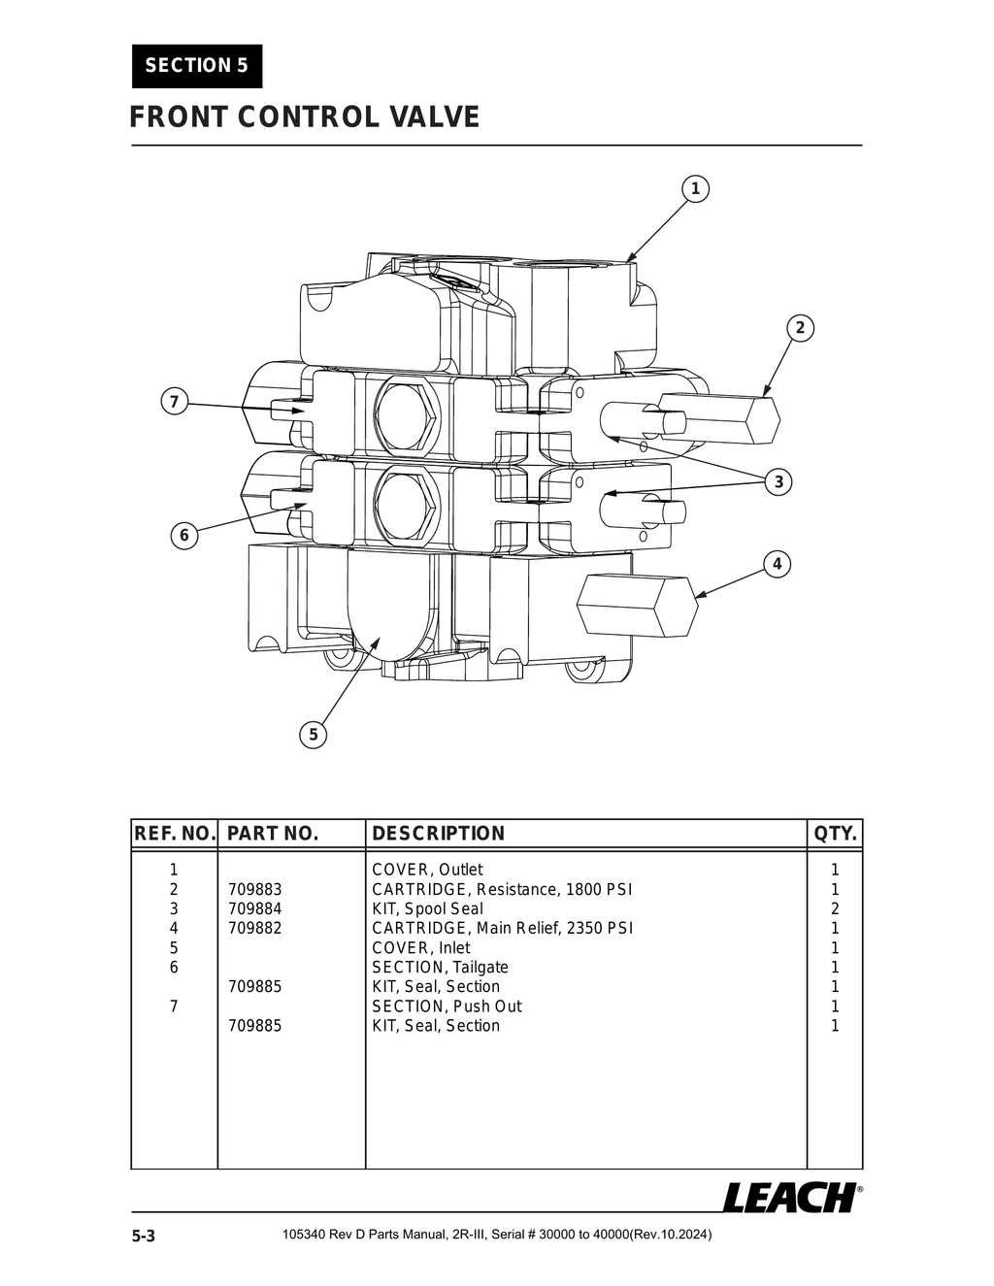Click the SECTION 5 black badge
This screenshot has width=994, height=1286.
[x=197, y=66]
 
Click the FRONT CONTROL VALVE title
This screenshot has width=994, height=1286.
[x=305, y=117]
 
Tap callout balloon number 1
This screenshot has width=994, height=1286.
[x=695, y=188]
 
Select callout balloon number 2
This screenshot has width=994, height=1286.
[x=800, y=328]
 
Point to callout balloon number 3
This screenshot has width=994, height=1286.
[x=778, y=482]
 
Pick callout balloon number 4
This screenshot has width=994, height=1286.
[x=777, y=564]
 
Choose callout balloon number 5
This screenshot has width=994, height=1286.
[x=313, y=735]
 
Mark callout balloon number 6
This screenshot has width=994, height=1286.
[x=183, y=535]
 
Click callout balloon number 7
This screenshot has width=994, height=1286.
[x=174, y=402]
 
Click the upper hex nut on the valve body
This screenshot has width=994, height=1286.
[x=406, y=415]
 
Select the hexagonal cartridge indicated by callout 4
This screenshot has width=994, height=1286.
[x=637, y=605]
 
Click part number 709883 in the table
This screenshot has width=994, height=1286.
[x=254, y=890]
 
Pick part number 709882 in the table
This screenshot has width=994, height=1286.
[x=254, y=929]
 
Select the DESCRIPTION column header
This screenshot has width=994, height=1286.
[x=439, y=834]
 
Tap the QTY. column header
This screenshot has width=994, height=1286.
[x=835, y=834]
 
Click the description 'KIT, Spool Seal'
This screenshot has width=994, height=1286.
[x=427, y=909]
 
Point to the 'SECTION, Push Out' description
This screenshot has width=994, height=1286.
[x=447, y=1006]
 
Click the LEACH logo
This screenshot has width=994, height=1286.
[x=789, y=1198]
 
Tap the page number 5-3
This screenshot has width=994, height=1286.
[x=144, y=1237]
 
